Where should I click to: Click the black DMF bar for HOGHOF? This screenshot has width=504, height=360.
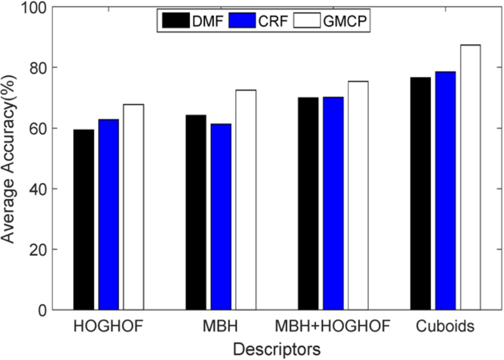click(x=84, y=219)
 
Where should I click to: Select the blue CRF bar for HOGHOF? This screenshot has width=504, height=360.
click(x=109, y=215)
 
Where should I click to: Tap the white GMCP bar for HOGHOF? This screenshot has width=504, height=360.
click(x=133, y=207)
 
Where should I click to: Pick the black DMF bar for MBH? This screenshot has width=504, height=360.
click(x=196, y=212)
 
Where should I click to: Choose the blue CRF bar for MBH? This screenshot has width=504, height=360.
click(x=221, y=217)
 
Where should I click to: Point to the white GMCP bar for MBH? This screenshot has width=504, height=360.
click(x=246, y=200)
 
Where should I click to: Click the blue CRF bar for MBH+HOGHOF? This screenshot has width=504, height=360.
click(x=334, y=203)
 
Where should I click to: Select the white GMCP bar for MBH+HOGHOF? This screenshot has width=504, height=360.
click(x=358, y=195)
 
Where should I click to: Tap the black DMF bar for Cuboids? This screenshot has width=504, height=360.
click(x=420, y=193)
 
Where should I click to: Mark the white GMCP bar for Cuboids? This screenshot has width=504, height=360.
click(x=470, y=177)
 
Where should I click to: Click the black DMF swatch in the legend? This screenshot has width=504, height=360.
click(x=176, y=21)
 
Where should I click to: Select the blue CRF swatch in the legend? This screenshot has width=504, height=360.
click(x=242, y=21)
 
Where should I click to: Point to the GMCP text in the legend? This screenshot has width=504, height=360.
click(x=345, y=21)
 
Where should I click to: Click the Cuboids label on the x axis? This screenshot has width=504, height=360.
click(x=445, y=326)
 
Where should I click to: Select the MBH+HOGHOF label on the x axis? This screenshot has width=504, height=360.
click(x=332, y=326)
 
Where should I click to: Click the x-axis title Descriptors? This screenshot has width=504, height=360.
click(x=277, y=349)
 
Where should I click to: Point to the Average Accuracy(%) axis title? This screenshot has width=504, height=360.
click(x=7, y=159)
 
